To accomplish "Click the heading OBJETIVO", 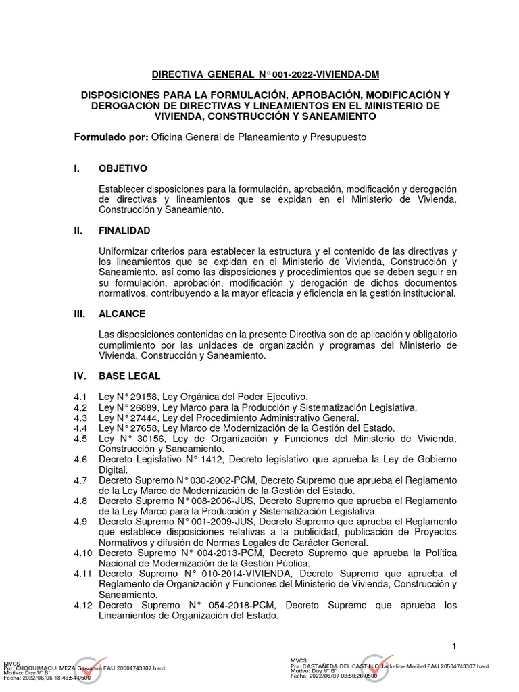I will pyautogui.click(x=123, y=168).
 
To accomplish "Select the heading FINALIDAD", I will pyautogui.click(x=124, y=230).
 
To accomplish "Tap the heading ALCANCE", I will pyautogui.click(x=122, y=314).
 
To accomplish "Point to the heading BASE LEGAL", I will pyautogui.click(x=129, y=376).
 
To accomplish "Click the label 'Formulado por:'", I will pyautogui.click(x=111, y=137).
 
